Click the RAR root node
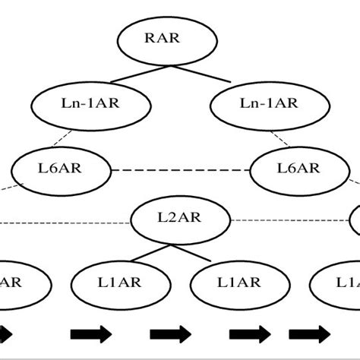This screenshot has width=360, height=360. (159, 38)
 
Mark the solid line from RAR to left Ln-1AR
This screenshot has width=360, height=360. (115, 74)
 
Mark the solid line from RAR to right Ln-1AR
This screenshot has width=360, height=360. (204, 74)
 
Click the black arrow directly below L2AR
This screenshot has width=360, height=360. (171, 333)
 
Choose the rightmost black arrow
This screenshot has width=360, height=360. (309, 333)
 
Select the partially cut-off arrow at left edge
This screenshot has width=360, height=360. (5, 333)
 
